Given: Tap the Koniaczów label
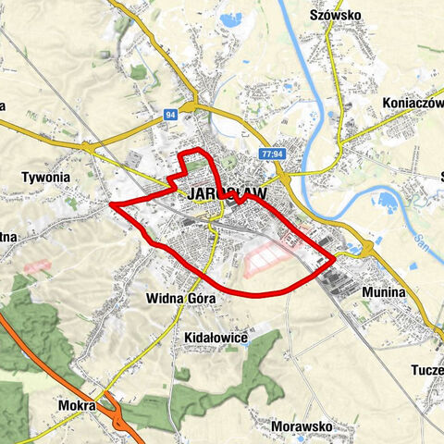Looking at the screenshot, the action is tap(413, 103).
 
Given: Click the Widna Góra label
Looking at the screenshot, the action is tap(180, 299).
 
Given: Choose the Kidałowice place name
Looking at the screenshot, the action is tap(216, 338).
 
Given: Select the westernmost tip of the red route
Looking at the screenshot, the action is tap(111, 203).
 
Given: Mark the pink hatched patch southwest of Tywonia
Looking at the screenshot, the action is tap(35, 265).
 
